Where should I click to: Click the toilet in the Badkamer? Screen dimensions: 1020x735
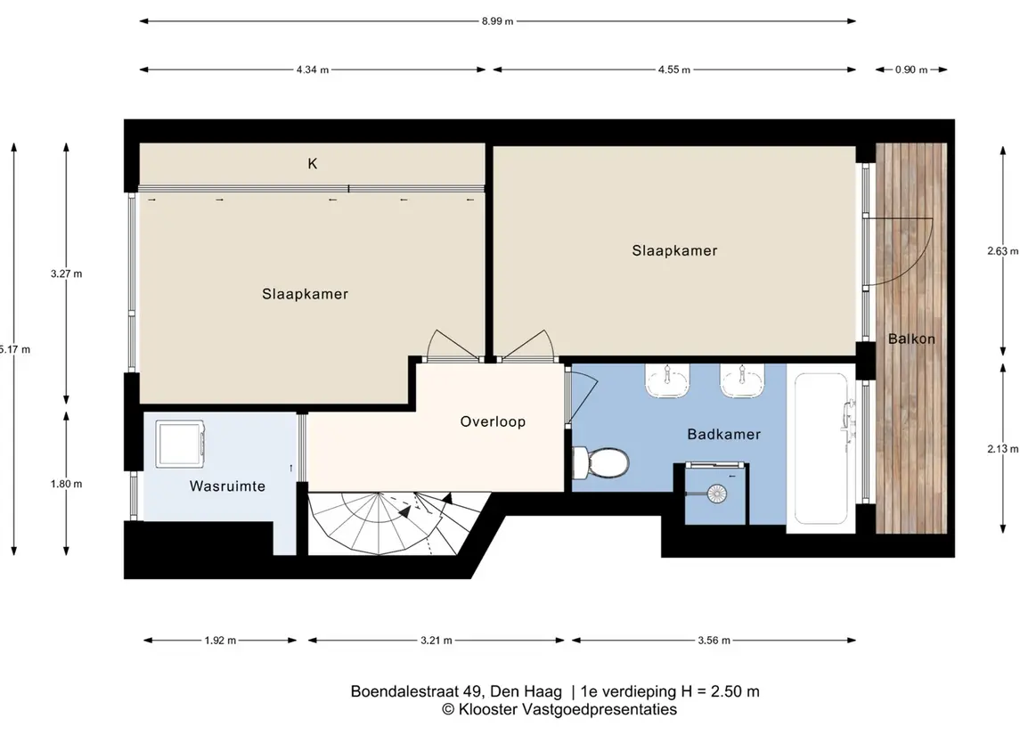click(x=600, y=462)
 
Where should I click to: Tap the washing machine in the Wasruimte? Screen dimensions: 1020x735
click(x=181, y=444)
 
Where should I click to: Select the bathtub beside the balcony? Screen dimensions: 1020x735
click(x=820, y=449)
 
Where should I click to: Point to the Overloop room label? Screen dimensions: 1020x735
click(x=493, y=421)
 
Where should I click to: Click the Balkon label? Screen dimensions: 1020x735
click(x=911, y=339)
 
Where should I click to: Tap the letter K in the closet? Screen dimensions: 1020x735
click(x=313, y=163)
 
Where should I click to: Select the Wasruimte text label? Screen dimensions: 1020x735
click(x=227, y=486)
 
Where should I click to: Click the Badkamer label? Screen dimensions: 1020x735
click(x=724, y=434)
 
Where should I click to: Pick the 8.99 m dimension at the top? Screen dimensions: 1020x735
click(x=498, y=21)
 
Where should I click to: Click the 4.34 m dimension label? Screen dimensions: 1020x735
click(x=313, y=69)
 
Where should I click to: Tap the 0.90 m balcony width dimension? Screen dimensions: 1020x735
click(x=911, y=69)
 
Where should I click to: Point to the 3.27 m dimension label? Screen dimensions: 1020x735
click(x=66, y=274)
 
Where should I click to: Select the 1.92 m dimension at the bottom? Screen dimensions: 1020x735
click(x=221, y=641)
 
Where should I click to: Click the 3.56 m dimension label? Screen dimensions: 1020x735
click(x=714, y=641)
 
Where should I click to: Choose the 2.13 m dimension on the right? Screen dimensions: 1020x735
click(x=1002, y=449)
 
